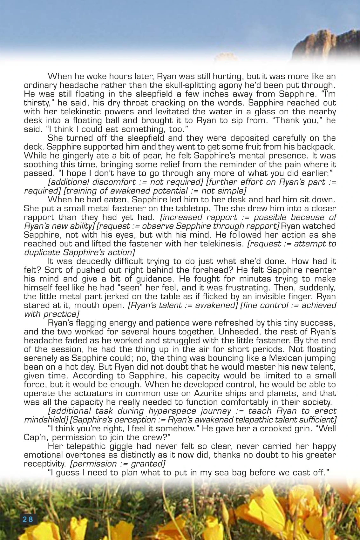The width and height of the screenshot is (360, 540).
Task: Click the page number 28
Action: point(28,519)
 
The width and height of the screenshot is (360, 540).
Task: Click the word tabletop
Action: point(192,209)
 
